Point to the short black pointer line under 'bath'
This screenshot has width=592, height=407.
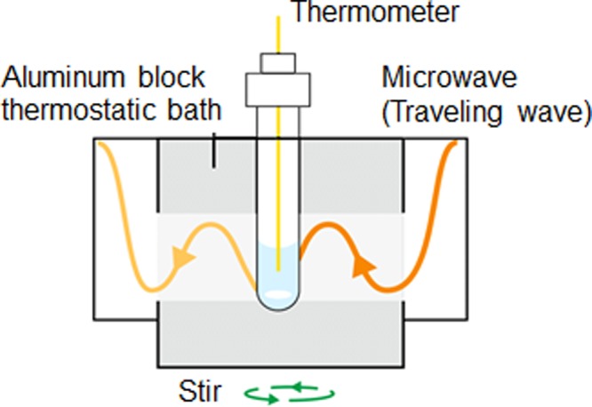click(x=213, y=152)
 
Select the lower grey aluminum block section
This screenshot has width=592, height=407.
click(x=213, y=338)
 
